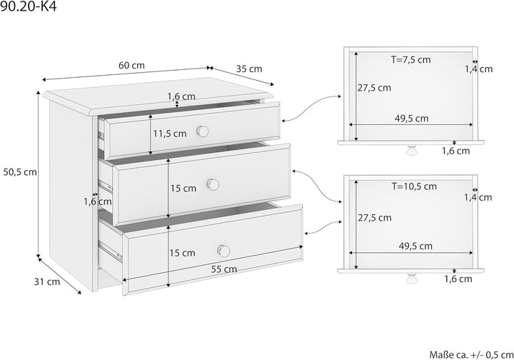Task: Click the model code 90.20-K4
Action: (x=29, y=6)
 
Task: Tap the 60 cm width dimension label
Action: (x=131, y=66)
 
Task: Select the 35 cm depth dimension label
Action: (x=249, y=69)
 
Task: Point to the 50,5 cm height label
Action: (x=20, y=172)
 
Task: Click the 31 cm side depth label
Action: (x=47, y=281)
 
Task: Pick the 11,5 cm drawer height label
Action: (x=170, y=134)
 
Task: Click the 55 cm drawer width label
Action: (x=224, y=269)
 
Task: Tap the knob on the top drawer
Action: (x=203, y=131)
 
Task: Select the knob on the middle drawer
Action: (x=213, y=184)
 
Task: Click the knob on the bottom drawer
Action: (x=224, y=251)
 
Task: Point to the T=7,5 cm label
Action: (x=410, y=60)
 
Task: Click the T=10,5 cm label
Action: (x=414, y=186)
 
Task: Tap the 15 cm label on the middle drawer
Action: (x=183, y=189)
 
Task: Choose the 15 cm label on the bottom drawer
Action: (x=182, y=253)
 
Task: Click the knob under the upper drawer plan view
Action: (x=410, y=150)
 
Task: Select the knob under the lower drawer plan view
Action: (x=410, y=278)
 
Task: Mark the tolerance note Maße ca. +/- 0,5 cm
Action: (x=471, y=354)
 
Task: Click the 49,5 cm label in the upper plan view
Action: (x=411, y=119)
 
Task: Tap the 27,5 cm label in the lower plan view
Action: (x=375, y=218)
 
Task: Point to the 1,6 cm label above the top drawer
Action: (x=181, y=96)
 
